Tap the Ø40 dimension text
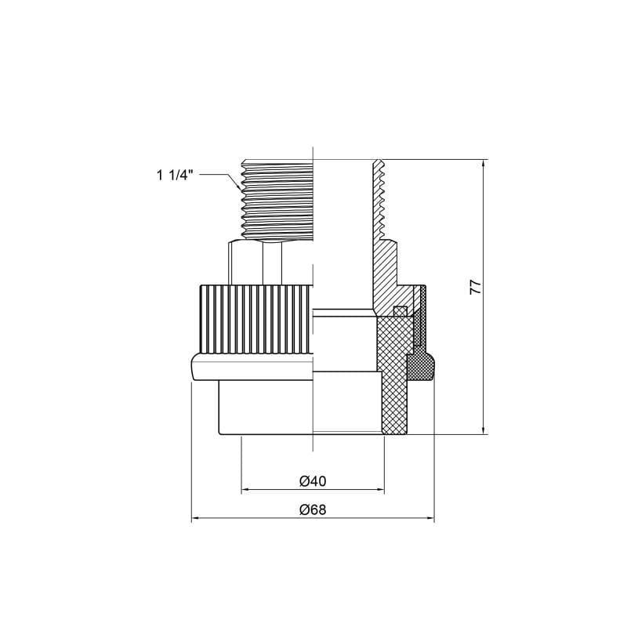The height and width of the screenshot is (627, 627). [313, 480]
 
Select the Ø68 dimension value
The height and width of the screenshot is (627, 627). [313, 509]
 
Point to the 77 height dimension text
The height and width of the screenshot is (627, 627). [475, 287]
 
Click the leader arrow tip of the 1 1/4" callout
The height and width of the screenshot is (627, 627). [240, 190]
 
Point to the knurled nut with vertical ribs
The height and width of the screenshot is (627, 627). [251, 320]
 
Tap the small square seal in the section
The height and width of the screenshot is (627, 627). [399, 310]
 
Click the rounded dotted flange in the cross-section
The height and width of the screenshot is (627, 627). [422, 366]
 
